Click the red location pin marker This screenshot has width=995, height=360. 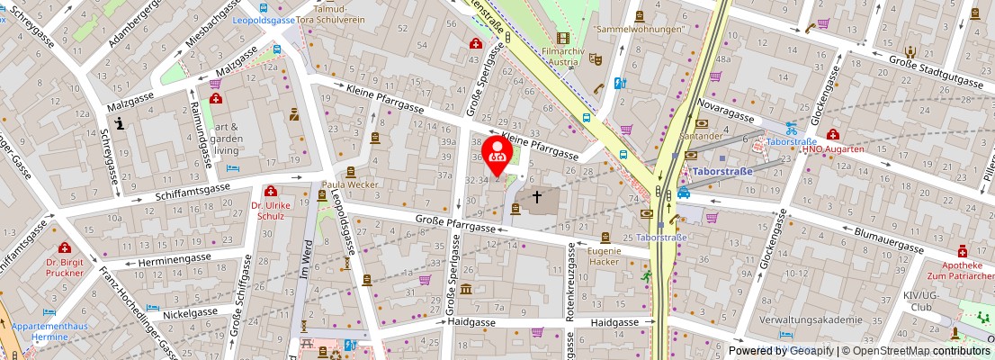[497, 155]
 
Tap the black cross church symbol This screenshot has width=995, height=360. [537, 195]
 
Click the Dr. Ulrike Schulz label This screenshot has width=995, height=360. [271, 211]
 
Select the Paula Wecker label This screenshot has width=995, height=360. [351, 184]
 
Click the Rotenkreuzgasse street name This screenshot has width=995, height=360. [570, 279]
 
